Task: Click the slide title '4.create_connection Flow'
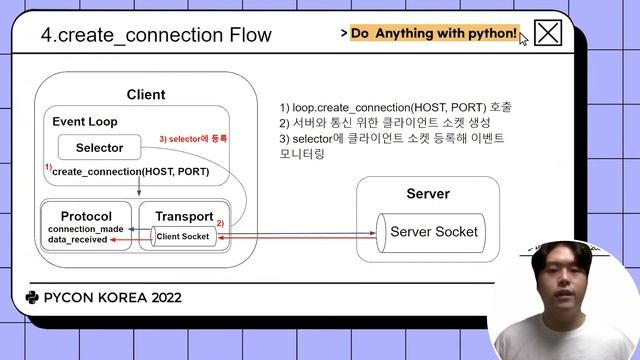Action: (x=156, y=35)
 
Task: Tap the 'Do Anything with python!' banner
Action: (x=434, y=33)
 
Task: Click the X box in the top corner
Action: (x=547, y=33)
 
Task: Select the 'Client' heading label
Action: (x=146, y=95)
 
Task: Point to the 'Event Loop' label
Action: (x=85, y=121)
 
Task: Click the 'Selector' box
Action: (x=100, y=148)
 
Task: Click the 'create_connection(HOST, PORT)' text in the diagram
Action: (x=130, y=172)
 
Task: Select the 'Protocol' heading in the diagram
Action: (x=86, y=216)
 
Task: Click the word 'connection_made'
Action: (x=85, y=230)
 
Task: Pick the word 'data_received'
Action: (x=77, y=241)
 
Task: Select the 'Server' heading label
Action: (x=428, y=193)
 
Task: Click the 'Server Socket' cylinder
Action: (x=432, y=232)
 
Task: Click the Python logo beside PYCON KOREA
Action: (x=32, y=297)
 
